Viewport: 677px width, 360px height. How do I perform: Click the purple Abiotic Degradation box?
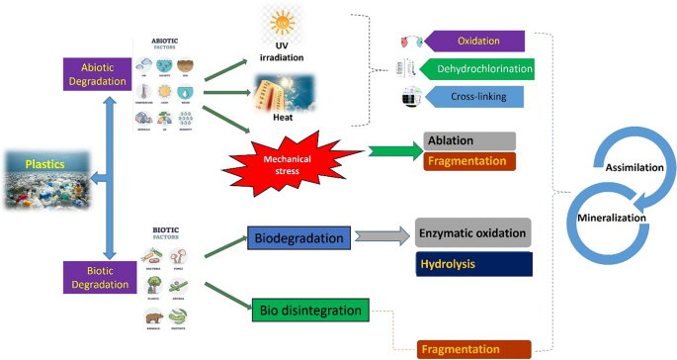[98, 73]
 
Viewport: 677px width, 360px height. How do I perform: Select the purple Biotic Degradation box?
[96, 278]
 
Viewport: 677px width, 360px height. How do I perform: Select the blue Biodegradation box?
[297, 237]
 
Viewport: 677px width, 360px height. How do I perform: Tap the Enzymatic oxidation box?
[473, 232]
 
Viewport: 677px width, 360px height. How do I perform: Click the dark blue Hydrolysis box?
[473, 264]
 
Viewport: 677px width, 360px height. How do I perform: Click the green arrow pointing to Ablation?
[391, 151]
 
